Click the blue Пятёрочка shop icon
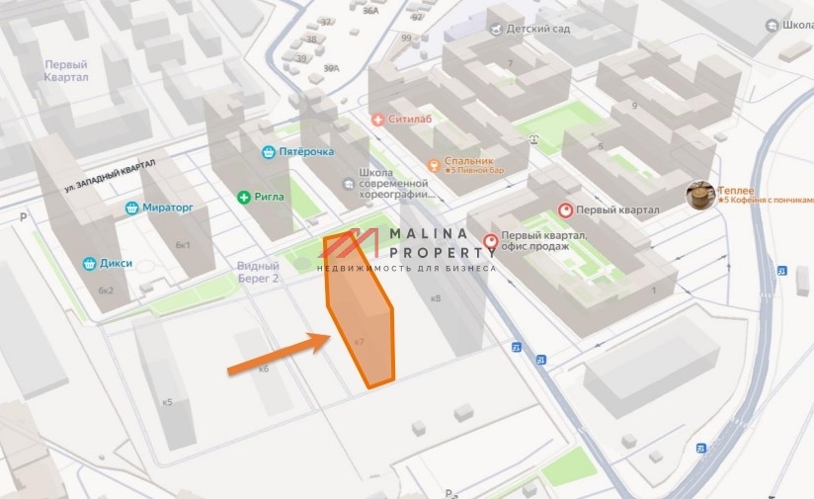268,152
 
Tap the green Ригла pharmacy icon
243,197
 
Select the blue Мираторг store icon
132,208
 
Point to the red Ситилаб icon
377,120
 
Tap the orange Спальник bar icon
433,165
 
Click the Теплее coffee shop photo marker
700,195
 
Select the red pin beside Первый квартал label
566,210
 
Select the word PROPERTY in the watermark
441,252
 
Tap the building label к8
436,297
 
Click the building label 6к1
183,245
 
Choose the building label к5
167,402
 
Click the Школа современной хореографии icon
346,185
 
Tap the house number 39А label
331,68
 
